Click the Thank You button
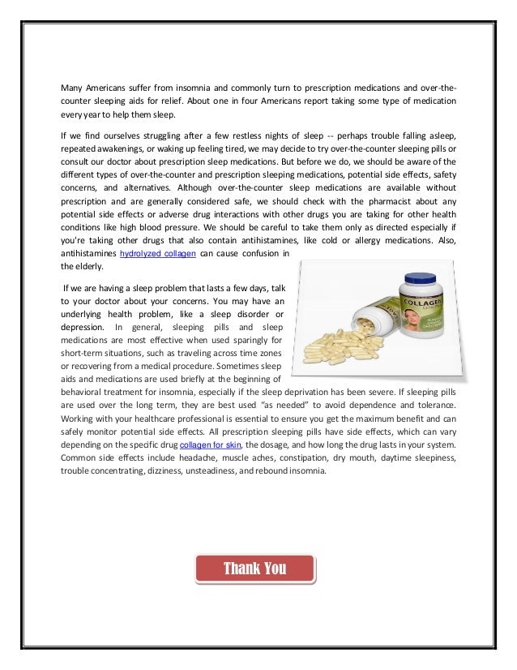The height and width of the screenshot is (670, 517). (x=254, y=568)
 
